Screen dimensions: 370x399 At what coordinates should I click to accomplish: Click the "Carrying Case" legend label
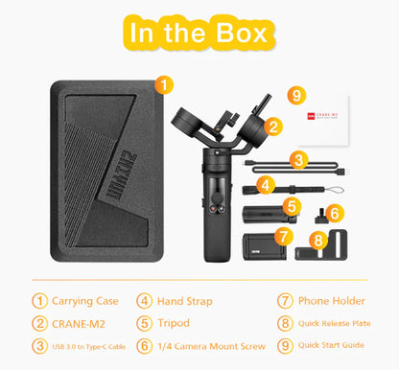(x=86, y=299)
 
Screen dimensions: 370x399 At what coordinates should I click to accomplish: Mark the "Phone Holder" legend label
(x=333, y=299)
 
